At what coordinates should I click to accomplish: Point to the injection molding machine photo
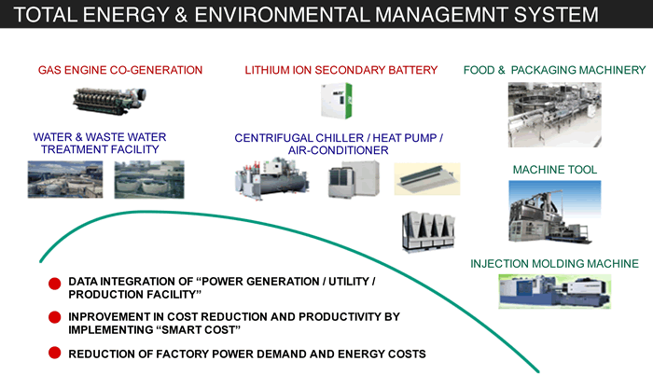[553, 288]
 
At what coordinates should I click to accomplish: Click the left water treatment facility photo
[64, 178]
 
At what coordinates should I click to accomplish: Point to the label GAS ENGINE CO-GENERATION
[120, 70]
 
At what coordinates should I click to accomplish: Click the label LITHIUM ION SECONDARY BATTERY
[340, 70]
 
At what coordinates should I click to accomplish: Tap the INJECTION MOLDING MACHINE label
[554, 263]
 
